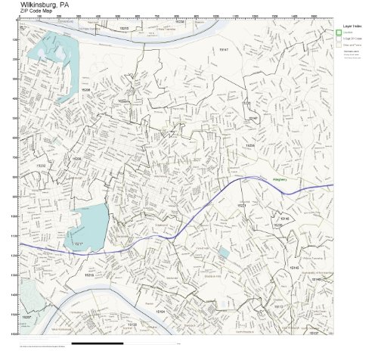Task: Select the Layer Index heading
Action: (x=352, y=26)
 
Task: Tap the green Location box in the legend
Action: (x=339, y=33)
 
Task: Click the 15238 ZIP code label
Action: (x=179, y=23)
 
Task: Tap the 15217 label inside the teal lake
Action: (x=78, y=244)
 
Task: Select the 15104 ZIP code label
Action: (x=160, y=311)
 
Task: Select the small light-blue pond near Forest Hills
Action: (x=223, y=253)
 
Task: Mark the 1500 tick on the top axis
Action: (x=313, y=15)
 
